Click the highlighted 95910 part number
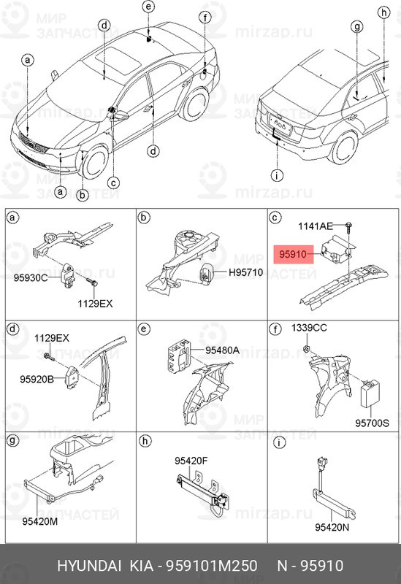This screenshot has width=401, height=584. coord(294,255)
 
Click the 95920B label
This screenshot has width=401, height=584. coord(38,380)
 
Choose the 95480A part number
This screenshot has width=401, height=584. coord(222,350)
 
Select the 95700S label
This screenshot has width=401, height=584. coord(373,422)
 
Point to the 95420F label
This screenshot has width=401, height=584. coord(191,461)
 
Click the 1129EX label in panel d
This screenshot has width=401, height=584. coord(52,338)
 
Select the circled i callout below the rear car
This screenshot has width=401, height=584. coord(276,175)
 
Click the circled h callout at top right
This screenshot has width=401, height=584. coord(383,12)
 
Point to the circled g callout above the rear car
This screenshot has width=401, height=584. coord(356,28)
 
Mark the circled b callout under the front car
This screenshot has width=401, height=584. coord(83,195)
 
